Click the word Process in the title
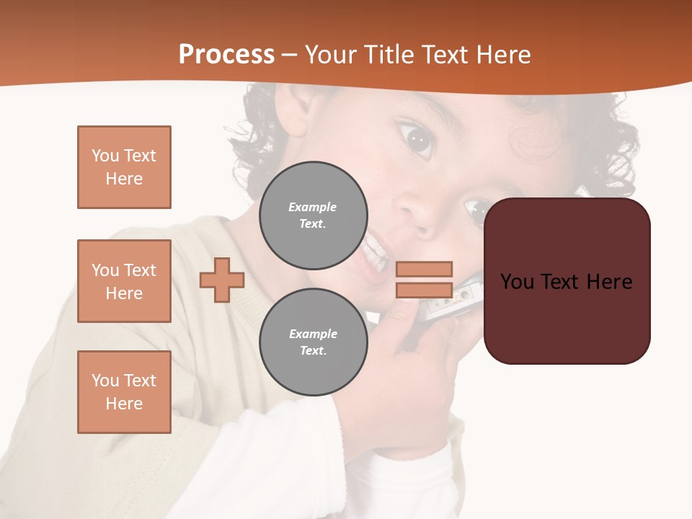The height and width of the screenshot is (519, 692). point(226,55)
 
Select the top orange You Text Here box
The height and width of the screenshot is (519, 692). point(124,167)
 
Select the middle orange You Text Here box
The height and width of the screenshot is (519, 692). point(124,281)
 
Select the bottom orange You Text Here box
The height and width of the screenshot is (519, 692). point(124,392)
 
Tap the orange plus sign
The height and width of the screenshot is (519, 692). point(222,280)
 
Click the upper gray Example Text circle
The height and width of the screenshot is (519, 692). point(313,216)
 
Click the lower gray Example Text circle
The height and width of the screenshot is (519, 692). point(313,342)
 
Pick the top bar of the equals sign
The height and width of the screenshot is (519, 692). point(424,269)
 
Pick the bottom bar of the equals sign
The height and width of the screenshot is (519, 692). point(424,290)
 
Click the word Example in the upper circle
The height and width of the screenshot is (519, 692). point(313,207)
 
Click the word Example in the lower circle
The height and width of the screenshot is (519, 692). point(313,334)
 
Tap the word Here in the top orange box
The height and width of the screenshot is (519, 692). point(124,179)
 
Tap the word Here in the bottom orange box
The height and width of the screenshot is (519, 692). point(124,404)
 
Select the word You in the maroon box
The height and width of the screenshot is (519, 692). point(517,282)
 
